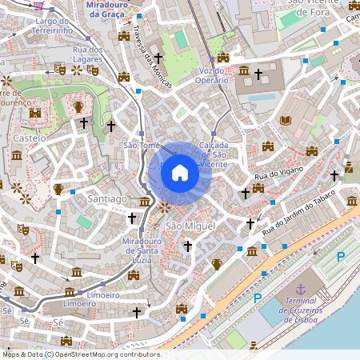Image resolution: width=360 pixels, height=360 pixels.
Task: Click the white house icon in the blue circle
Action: coord(179,173)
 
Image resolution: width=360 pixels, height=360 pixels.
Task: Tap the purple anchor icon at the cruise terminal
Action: coord(301,289)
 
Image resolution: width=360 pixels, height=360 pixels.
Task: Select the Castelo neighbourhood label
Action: coord(29,138)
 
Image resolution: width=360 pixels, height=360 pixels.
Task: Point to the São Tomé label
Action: coord(142,145)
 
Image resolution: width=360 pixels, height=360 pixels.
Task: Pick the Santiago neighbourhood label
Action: coord(109,198)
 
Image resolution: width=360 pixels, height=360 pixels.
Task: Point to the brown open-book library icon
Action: coord(286,121)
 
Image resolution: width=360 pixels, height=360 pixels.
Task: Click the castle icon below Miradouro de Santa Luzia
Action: coord(134,274)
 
